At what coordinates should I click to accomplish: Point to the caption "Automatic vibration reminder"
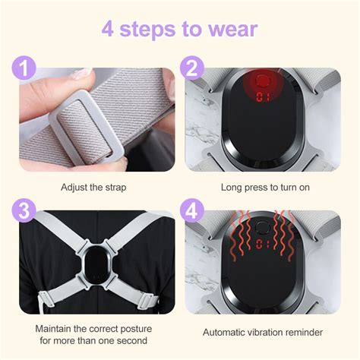tap(263, 332)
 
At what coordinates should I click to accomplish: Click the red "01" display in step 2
tap(264, 97)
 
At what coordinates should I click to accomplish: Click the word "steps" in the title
tap(155, 30)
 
